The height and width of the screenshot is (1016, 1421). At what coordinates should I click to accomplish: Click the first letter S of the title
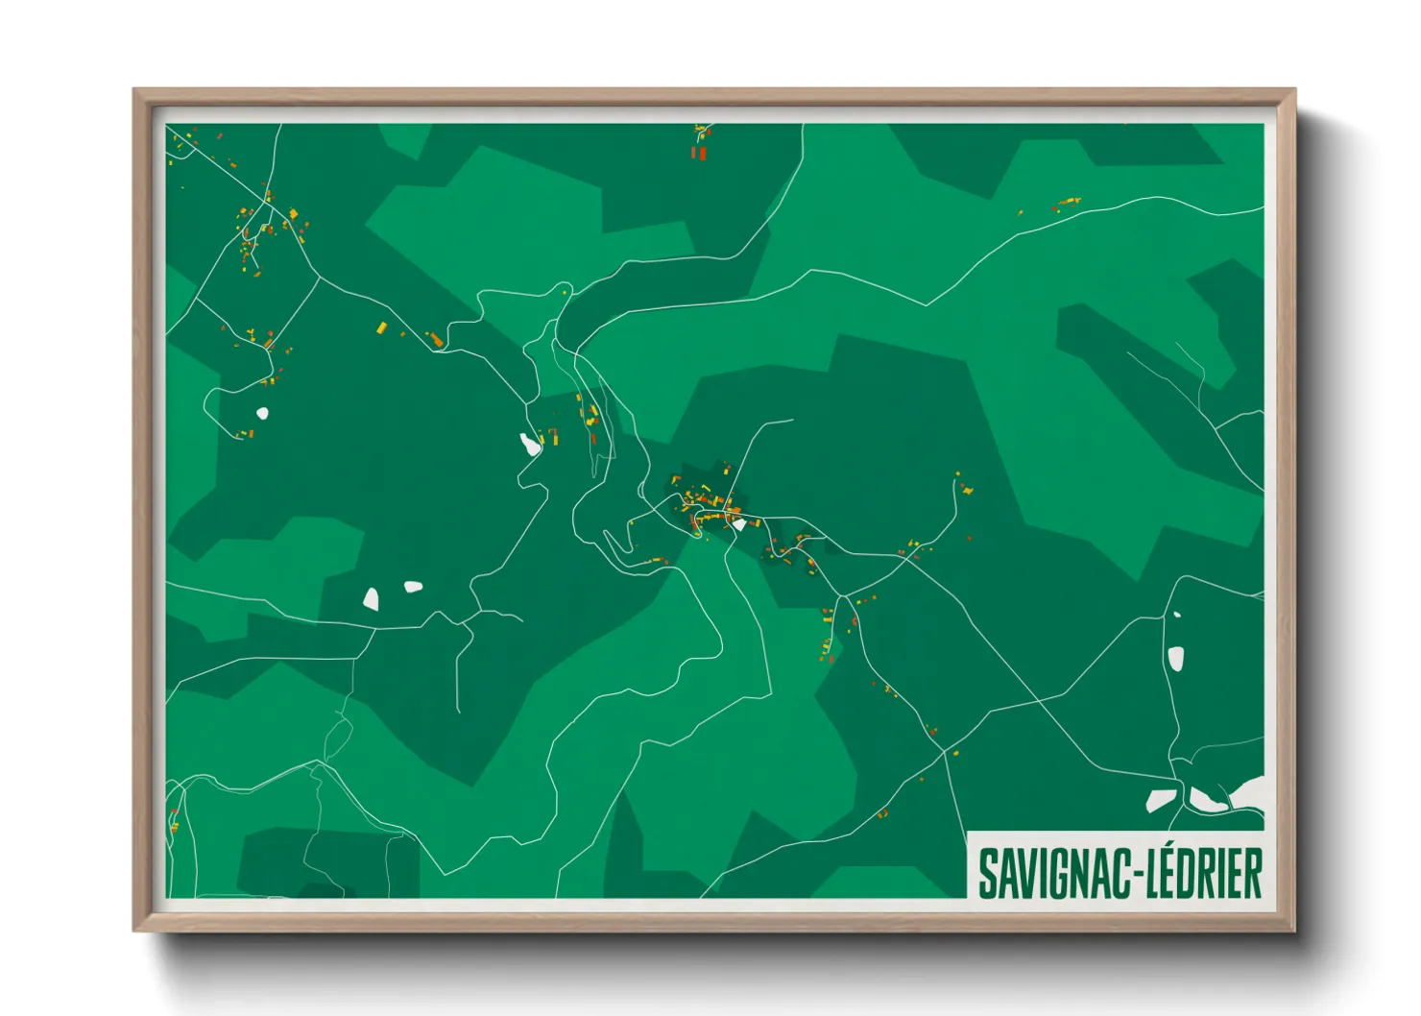[986, 874]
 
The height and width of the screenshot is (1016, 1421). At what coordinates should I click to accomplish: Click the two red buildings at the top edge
[699, 152]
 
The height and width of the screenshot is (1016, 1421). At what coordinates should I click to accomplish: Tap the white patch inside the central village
[739, 524]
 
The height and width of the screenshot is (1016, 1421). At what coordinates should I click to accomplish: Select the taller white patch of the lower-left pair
[371, 600]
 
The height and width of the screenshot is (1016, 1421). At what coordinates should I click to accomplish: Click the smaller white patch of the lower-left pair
[413, 586]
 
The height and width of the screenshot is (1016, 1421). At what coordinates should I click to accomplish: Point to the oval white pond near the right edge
[1175, 658]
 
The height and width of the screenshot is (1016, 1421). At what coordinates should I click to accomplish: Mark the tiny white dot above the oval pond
[1177, 615]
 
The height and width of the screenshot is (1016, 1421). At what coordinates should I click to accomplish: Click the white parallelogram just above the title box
[1161, 800]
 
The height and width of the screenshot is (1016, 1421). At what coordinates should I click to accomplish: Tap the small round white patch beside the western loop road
[262, 413]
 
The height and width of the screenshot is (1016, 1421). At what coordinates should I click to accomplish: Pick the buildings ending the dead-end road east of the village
[965, 489]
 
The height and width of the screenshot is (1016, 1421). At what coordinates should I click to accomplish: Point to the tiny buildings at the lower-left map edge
[174, 824]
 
